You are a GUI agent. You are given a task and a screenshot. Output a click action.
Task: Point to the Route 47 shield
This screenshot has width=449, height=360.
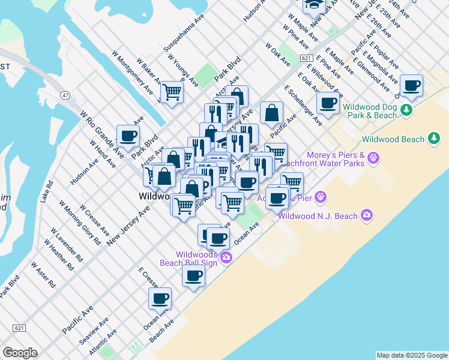click(65, 95)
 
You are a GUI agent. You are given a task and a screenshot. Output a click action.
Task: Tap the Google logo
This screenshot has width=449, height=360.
click(20, 353)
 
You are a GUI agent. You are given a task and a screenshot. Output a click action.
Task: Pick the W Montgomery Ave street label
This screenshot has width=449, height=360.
click(132, 71)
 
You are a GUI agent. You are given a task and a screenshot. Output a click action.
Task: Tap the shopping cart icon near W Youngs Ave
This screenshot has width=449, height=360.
click(172, 92)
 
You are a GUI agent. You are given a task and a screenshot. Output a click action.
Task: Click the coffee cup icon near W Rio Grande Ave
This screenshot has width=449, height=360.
click(127, 135)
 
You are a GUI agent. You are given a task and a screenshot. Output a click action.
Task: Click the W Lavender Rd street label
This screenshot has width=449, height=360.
click(67, 244)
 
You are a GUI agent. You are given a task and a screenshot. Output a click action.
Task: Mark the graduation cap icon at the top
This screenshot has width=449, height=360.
click(312, 5)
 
